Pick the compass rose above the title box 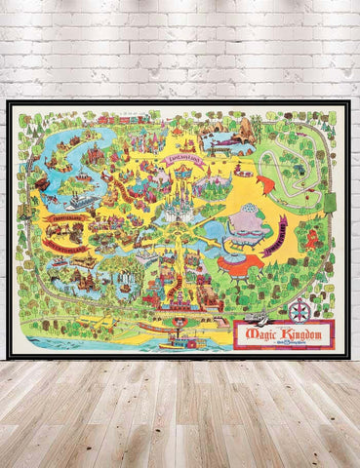300,310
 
